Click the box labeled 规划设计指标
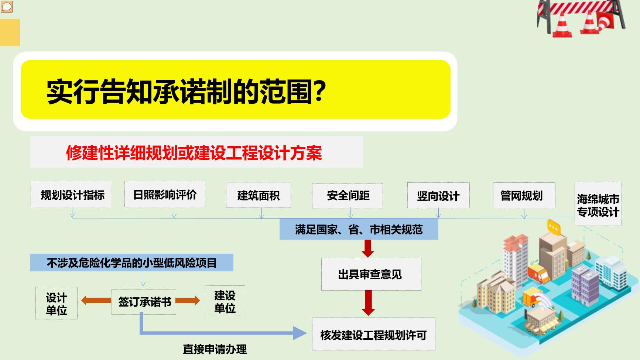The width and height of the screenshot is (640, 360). [71, 194]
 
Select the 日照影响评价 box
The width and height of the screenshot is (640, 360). [165, 194]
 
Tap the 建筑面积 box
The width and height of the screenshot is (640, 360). [259, 195]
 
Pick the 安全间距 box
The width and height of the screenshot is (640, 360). [348, 196]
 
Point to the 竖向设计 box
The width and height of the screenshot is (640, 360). [438, 195]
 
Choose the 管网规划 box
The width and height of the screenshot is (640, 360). [524, 195]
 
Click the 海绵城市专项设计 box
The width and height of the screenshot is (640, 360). [598, 204]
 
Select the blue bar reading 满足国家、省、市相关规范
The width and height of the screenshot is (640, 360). [359, 229]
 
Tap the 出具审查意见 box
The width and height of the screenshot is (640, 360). [371, 274]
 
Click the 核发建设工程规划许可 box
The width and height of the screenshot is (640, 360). [374, 334]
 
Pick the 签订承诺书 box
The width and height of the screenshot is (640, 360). [144, 302]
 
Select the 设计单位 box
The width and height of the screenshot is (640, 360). [57, 303]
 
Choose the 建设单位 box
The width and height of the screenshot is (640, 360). [225, 301]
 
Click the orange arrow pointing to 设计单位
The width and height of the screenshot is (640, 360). [96, 300]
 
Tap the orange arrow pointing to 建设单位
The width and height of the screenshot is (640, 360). [188, 301]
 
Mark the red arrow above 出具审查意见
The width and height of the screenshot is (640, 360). [368, 248]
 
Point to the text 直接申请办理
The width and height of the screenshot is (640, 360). [215, 349]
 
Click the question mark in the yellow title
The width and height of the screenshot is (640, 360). [319, 90]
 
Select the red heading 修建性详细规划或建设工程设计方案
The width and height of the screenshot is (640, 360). [194, 152]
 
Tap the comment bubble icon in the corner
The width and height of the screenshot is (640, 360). [7, 6]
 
